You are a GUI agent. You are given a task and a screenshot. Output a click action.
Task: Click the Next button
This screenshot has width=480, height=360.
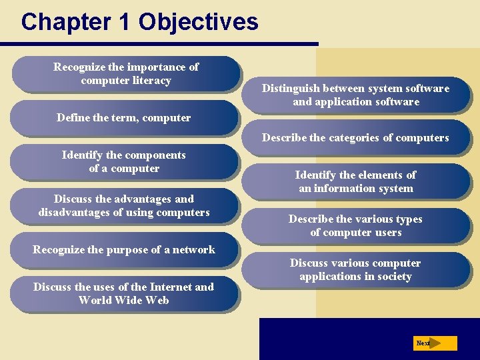pos(434,343)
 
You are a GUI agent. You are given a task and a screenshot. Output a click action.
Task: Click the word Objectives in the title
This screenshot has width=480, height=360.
pos(198,22)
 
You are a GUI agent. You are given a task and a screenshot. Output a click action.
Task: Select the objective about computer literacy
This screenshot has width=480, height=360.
pos(126,73)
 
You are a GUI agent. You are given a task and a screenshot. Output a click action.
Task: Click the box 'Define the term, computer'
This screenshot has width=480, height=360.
pos(124,118)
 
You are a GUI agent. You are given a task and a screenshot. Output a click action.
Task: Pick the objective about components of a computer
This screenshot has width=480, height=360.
pos(124,161)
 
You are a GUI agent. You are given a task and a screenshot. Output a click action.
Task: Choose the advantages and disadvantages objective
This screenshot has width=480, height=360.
pos(124,205)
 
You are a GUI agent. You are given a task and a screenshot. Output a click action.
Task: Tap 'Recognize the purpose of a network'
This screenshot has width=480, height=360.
pos(124,249)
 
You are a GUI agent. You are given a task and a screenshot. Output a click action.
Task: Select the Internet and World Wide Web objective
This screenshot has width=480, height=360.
pos(124,293)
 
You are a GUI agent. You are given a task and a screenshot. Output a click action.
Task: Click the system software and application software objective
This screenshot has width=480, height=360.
pos(355,95)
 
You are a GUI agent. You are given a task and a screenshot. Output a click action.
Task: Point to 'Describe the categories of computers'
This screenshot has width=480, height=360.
pos(355,138)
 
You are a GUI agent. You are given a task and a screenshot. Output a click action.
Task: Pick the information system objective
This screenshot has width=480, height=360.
pos(355,181)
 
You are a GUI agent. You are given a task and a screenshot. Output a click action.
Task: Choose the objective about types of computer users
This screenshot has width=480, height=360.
pos(355,225)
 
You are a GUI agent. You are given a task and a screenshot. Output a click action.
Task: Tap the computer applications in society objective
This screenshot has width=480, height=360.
pos(355,269)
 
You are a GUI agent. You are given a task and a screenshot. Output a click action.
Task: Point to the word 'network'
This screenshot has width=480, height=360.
pos(193,249)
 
